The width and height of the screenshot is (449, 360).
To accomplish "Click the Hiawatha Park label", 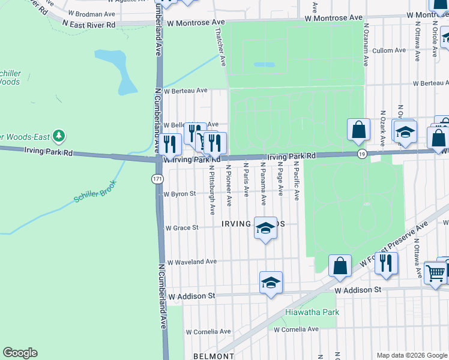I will point(312,312).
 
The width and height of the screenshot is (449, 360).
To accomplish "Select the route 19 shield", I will point(361,155).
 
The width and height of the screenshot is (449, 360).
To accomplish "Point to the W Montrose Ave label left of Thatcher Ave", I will point(191,23).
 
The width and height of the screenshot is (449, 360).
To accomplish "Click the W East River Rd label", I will point(89,25).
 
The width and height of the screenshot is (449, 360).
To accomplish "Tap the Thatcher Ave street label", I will point(221,49).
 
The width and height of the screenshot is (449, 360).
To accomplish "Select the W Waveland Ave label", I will point(191,262).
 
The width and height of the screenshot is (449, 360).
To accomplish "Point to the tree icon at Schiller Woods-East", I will point(59,136).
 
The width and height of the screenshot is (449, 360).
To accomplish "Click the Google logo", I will point(20,353).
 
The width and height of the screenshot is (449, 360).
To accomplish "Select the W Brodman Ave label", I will point(91,13).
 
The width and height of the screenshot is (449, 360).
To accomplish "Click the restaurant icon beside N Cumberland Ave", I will point(172,143).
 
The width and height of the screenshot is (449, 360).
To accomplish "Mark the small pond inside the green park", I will point(264,64).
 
